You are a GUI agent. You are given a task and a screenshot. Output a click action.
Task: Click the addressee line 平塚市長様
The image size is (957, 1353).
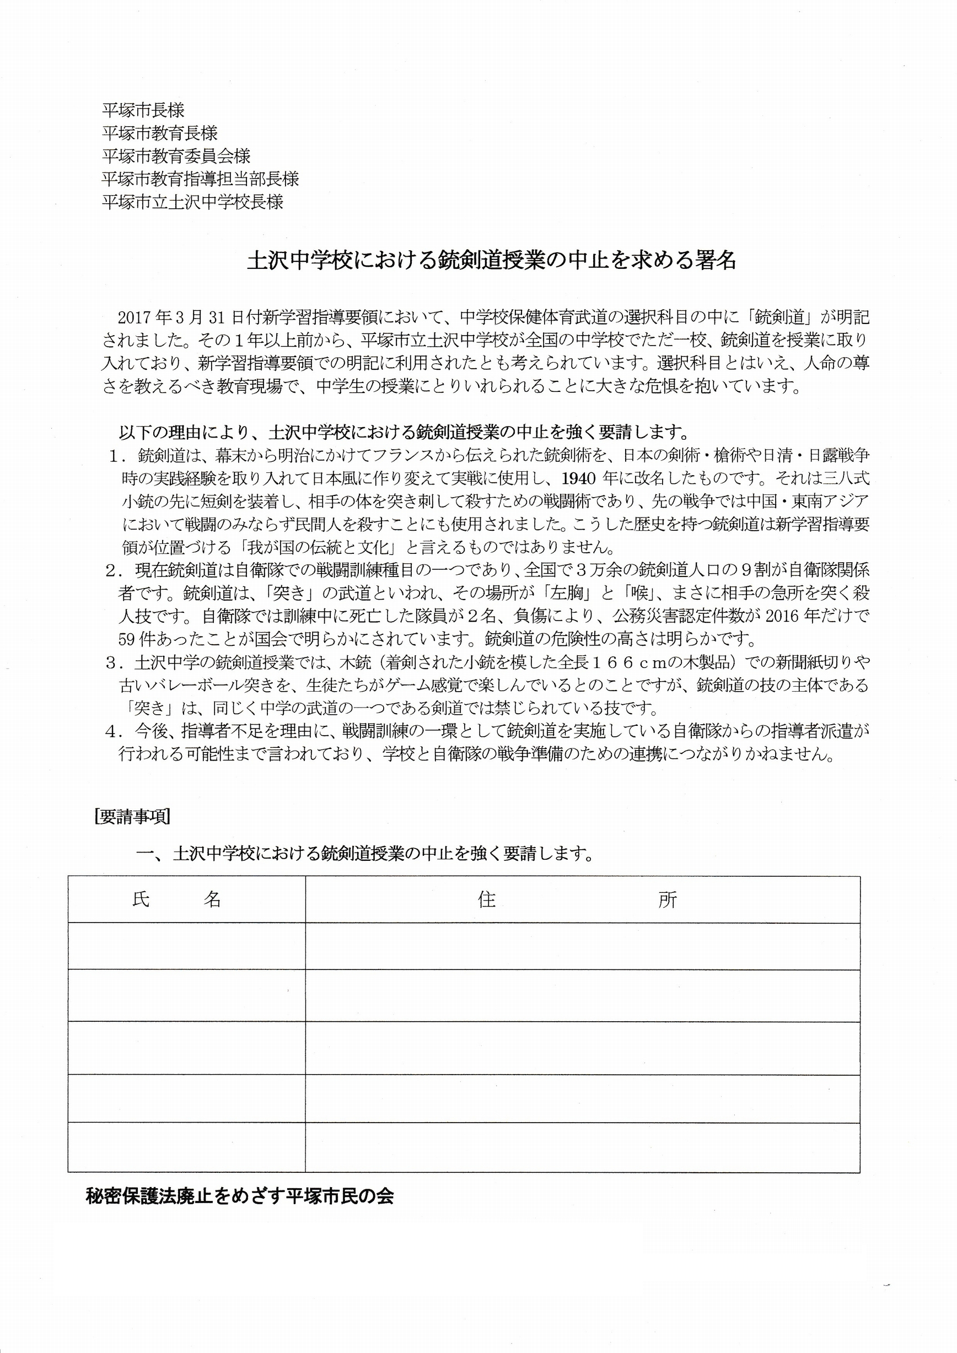pos(143,110)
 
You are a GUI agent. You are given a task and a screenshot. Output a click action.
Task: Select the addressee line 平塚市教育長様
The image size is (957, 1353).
pos(160,133)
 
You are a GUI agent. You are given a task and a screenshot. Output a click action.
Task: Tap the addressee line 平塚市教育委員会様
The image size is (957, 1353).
pos(176,156)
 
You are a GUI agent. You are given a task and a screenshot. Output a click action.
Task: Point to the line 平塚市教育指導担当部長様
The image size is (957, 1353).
pos(200,179)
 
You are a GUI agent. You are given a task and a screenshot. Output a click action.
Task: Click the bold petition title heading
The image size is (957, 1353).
pos(492,261)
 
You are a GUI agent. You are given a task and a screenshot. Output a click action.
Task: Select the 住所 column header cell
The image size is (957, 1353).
pos(582,899)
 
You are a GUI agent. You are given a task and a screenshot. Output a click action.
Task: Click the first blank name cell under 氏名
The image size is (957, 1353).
pos(186,946)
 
